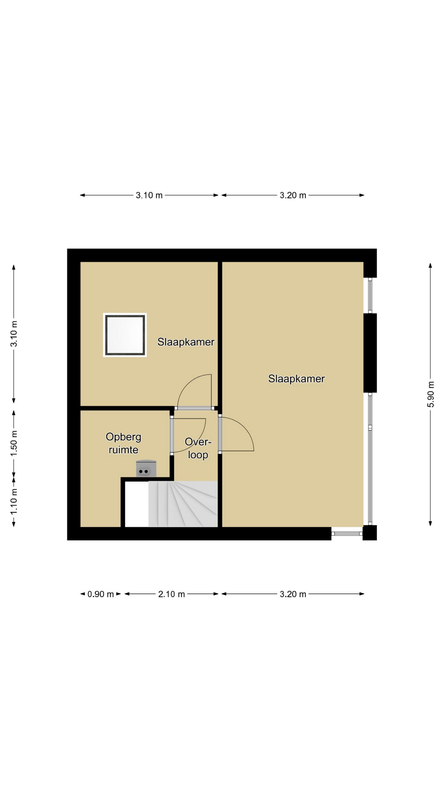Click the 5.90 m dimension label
[x=430, y=394]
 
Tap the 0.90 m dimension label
[x=101, y=594]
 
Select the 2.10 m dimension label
[x=171, y=594]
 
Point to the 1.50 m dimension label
[x=14, y=443]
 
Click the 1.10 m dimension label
[x=14, y=501]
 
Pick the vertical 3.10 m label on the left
[x=14, y=333]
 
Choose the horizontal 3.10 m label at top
[x=149, y=196]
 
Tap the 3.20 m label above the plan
[x=293, y=196]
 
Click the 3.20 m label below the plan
[x=293, y=594]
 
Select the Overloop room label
[x=198, y=448]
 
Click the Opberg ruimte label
[x=123, y=443]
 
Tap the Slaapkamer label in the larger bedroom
[x=296, y=379]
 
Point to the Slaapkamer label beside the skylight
[x=186, y=342]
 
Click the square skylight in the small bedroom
[x=125, y=335]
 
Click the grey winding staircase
[x=183, y=504]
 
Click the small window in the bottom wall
[x=347, y=533]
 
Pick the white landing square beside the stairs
[x=136, y=504]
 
